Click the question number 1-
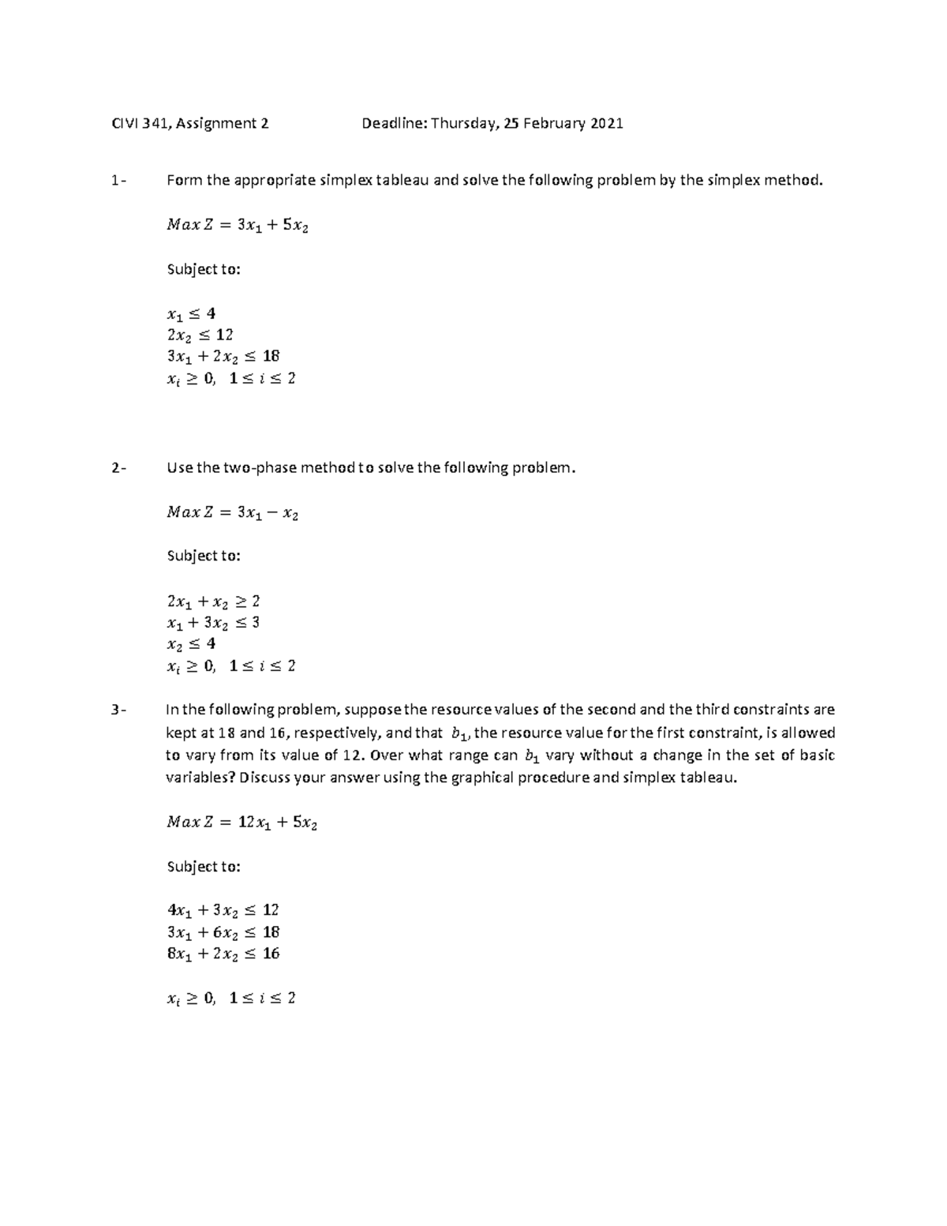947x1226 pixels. [x=118, y=181]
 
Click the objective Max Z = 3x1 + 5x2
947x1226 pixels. [x=238, y=226]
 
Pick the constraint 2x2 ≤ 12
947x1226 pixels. [x=200, y=335]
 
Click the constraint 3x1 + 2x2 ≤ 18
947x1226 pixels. [x=223, y=356]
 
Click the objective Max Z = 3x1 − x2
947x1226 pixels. [x=233, y=513]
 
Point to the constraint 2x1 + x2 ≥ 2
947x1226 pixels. [x=213, y=602]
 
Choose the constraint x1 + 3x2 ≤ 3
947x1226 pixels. [x=213, y=623]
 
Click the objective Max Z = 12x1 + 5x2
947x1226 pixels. [x=241, y=823]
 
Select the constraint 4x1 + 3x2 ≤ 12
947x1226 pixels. [x=223, y=910]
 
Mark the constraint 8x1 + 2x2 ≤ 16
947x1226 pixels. [x=223, y=954]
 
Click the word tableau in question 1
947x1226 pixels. [x=403, y=181]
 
